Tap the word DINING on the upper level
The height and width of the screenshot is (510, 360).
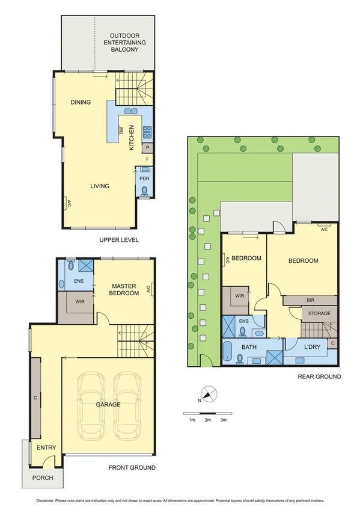tap(80, 102)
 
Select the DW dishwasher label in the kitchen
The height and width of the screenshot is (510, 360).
tap(121, 131)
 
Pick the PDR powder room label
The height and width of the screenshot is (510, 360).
tap(144, 178)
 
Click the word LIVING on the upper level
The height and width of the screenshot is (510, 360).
tap(100, 186)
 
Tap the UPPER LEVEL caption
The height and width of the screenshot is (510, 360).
tap(119, 240)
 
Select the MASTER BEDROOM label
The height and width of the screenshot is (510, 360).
tap(123, 289)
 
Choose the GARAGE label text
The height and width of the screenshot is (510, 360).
tap(108, 405)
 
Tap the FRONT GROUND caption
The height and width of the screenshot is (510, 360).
tap(132, 467)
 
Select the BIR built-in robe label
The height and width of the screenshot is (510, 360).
tap(311, 300)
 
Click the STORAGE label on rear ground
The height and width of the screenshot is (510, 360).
tap(319, 313)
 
